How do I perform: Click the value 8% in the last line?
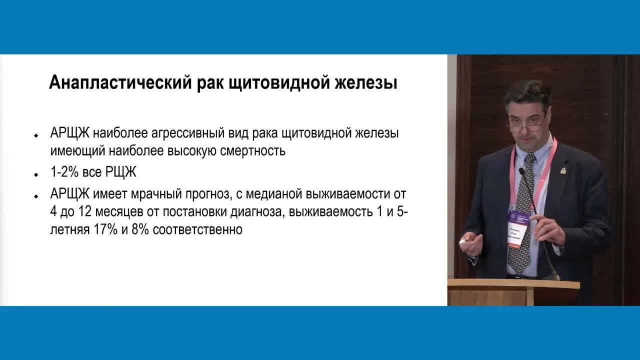coord(140,230)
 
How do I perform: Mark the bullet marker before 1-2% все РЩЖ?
coord(36,175)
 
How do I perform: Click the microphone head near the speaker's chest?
coord(521,171)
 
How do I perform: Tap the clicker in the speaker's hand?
coord(463,241)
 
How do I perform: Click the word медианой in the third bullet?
coord(279,194)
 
